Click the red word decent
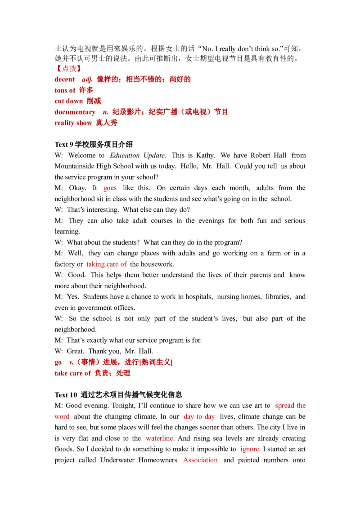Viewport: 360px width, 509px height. click(x=65, y=80)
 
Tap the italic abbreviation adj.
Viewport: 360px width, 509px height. click(x=87, y=80)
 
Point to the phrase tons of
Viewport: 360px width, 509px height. click(x=65, y=90)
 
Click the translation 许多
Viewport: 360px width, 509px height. click(x=86, y=90)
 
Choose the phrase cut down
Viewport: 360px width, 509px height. click(x=68, y=101)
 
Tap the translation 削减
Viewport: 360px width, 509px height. click(x=94, y=101)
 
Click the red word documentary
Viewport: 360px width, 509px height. click(x=75, y=112)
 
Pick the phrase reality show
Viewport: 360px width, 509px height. click(x=73, y=123)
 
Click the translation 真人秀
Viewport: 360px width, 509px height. click(x=106, y=123)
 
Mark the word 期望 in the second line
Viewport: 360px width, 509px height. click(x=211, y=59)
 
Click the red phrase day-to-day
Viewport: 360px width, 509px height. click(x=199, y=417)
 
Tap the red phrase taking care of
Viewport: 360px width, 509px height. click(x=107, y=265)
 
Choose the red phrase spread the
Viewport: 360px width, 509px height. click(x=290, y=406)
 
